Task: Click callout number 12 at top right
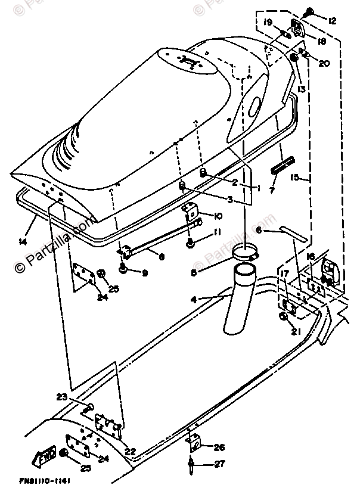pos(332,21)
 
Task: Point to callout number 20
pos(324,64)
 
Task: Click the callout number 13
pos(302,89)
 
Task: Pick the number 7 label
pos(272,191)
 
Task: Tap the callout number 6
pos(259,230)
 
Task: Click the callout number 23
pos(77,397)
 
